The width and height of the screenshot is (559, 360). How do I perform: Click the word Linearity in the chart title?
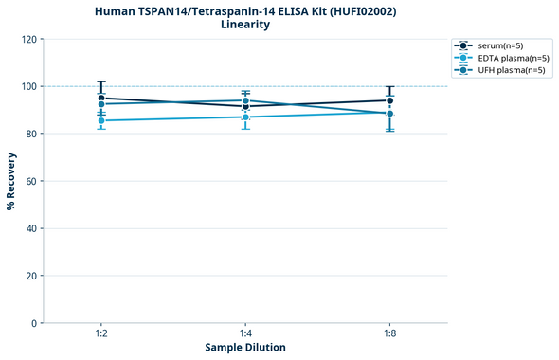[244, 25]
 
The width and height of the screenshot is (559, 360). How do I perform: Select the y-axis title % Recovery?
[11, 181]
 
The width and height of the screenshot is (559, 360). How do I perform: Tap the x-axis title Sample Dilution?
[245, 348]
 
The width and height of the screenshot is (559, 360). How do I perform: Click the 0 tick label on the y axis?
[34, 323]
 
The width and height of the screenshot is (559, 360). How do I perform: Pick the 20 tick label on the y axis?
[31, 276]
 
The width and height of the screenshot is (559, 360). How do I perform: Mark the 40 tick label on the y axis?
[31, 228]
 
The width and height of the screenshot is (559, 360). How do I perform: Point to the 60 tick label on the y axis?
[31, 181]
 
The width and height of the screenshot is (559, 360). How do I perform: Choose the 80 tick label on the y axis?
[31, 134]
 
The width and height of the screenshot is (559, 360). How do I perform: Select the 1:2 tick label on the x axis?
[101, 334]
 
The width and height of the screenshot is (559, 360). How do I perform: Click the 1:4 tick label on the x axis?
[245, 334]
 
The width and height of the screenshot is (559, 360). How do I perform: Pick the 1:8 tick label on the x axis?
[389, 334]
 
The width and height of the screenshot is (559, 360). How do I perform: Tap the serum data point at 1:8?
[389, 100]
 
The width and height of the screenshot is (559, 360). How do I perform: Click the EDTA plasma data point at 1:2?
[101, 120]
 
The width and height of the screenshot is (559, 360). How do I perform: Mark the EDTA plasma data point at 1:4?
[245, 117]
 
